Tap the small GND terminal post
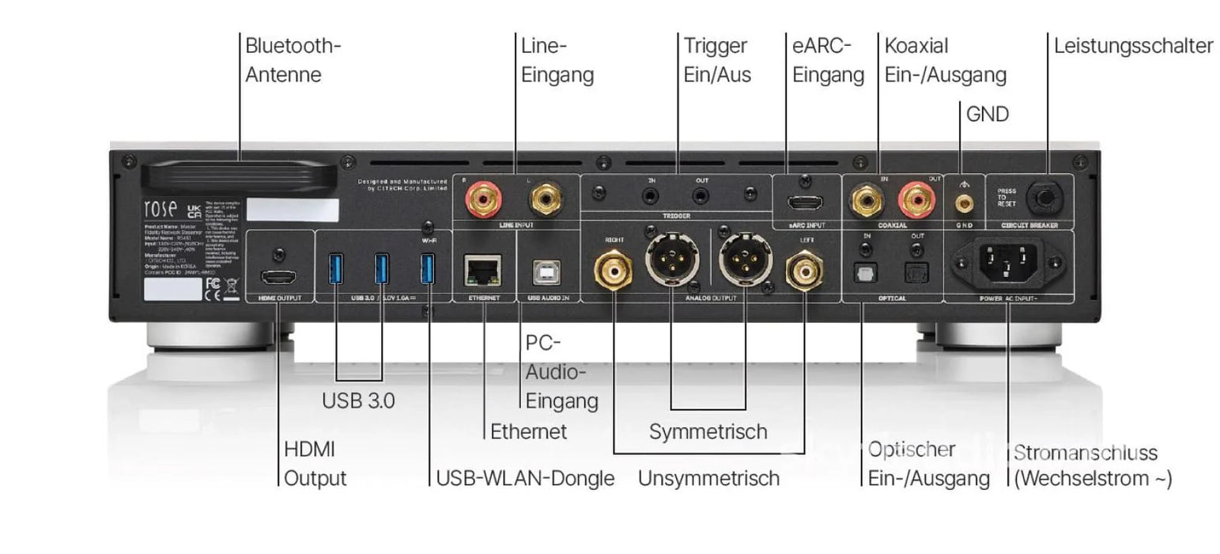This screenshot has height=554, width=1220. pos(963,204)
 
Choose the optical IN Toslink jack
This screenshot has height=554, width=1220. pos(866,272)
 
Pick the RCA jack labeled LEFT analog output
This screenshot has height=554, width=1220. pos(803,270)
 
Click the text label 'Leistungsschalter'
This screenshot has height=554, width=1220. pos(1133,46)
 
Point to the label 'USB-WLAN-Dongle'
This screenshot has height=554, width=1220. pos(525,478)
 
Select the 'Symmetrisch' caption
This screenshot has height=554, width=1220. pos(708,431)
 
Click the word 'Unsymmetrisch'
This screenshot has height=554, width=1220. pos(708,478)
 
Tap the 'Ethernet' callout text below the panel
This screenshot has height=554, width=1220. pos(528,431)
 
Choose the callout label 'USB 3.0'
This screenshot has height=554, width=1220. pos(358,400)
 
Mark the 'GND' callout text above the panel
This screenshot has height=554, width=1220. pos(988,115)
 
